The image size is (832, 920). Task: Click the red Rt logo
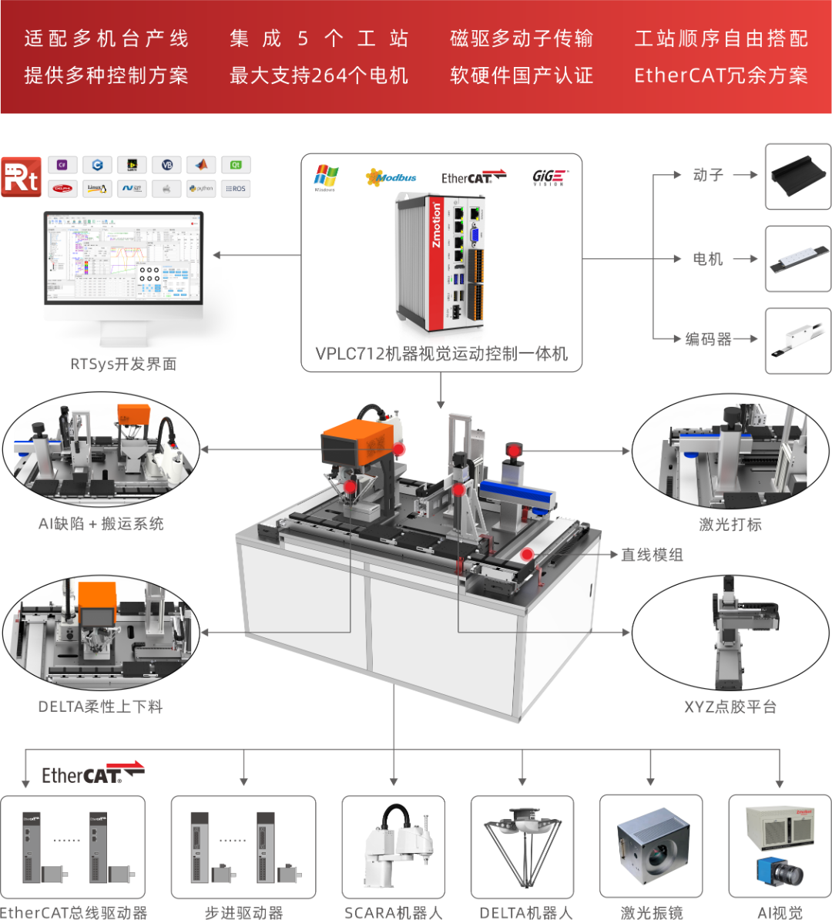[x=22, y=176]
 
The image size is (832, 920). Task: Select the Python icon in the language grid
[x=201, y=189]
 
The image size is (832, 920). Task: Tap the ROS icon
[x=236, y=189]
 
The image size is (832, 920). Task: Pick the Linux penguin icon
[x=97, y=189]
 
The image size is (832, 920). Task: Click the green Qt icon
[x=236, y=165]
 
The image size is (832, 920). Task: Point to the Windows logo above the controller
[x=326, y=177]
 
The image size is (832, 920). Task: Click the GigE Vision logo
[x=550, y=177]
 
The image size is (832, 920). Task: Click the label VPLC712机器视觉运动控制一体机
[x=441, y=354]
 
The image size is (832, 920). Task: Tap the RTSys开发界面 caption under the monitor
[x=123, y=364]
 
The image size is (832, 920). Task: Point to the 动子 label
[x=707, y=176]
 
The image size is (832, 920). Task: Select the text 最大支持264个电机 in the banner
[x=319, y=76]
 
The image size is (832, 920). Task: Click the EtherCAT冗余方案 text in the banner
[x=721, y=76]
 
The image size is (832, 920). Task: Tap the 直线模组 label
[x=652, y=555]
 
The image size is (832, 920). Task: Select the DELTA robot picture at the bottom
[x=522, y=848]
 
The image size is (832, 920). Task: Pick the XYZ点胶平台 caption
[x=730, y=706]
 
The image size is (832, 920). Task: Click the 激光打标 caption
[x=730, y=524]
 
